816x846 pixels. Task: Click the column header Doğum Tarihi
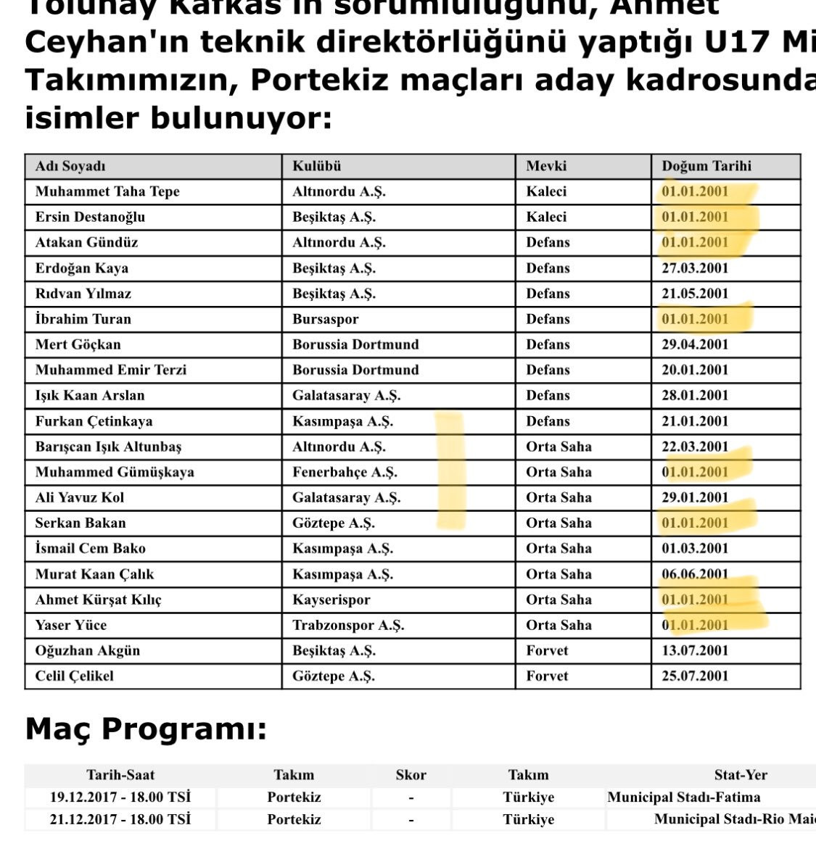[x=706, y=166]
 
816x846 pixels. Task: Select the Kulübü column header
[x=316, y=166]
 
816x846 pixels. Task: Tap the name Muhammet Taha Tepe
[x=107, y=191]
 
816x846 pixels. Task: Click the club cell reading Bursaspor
[x=325, y=319]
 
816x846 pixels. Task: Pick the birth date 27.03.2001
[x=694, y=268]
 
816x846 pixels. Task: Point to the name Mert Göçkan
[x=78, y=344]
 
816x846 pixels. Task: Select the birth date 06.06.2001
[x=694, y=574]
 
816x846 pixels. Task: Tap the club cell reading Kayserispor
[x=331, y=600]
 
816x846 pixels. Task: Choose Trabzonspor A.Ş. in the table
[x=348, y=625]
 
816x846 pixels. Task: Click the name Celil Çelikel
[x=75, y=676]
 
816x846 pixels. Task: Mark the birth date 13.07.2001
[x=694, y=650]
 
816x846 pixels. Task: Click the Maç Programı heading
[x=146, y=729]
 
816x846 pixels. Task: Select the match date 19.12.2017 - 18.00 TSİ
[x=120, y=797]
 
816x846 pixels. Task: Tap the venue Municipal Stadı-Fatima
[x=684, y=797]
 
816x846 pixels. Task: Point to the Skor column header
[x=411, y=775]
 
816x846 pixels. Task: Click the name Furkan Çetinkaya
[x=94, y=421]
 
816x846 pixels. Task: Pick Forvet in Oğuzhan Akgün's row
[x=547, y=650]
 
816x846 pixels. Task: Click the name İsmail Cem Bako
[x=90, y=548]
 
